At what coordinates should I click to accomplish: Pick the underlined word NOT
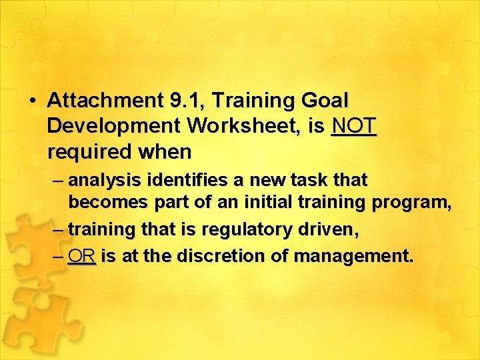pos(354,127)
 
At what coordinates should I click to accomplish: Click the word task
pos(303,181)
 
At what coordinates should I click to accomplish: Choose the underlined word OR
pos(82,256)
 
